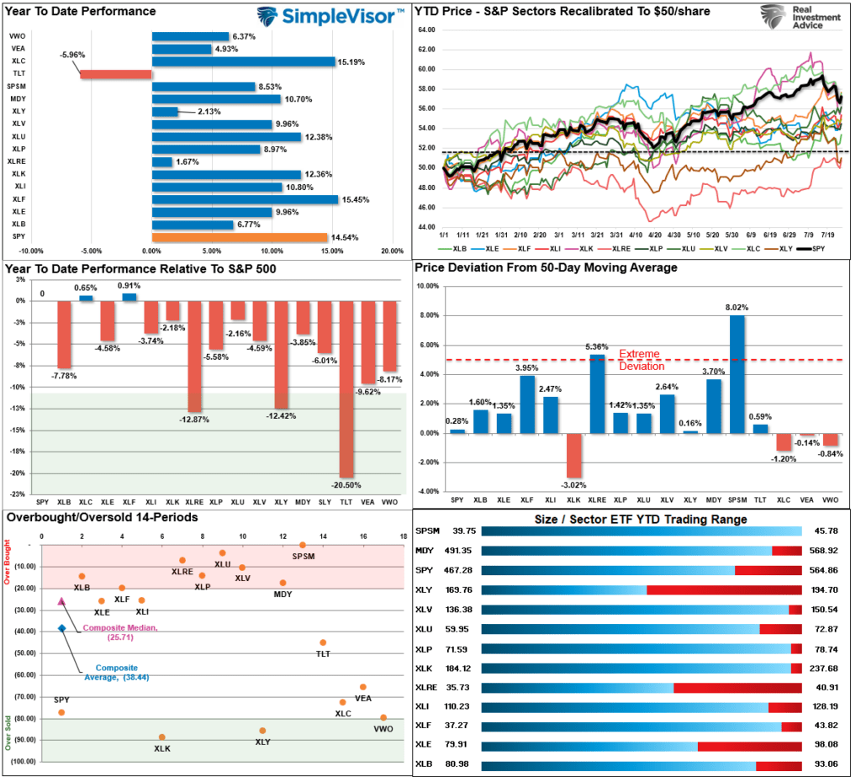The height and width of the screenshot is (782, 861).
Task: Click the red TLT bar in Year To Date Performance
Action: click(116, 74)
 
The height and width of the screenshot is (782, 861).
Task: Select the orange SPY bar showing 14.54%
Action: click(240, 237)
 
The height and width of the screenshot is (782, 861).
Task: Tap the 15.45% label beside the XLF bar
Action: click(354, 199)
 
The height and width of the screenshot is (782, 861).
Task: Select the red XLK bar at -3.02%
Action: click(573, 455)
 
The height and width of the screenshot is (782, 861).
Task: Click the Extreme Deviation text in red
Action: click(639, 360)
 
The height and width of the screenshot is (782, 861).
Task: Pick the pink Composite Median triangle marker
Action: click(61, 601)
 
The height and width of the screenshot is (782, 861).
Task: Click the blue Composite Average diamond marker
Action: click(61, 628)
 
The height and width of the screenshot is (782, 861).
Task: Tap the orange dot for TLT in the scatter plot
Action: click(323, 642)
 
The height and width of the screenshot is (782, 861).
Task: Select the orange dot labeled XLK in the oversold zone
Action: click(161, 737)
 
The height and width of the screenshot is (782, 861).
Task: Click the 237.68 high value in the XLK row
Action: click(827, 668)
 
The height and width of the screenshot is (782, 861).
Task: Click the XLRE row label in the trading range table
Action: click(427, 687)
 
